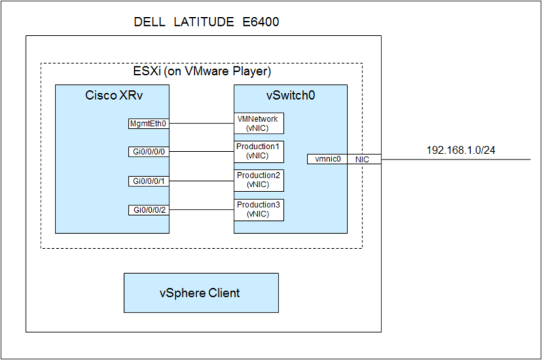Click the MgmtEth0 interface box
tap(148, 123)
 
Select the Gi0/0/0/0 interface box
tap(148, 152)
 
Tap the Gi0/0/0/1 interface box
tap(148, 181)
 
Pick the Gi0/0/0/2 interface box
tap(148, 210)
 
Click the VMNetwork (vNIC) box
tap(258, 123)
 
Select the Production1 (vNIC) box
tap(258, 152)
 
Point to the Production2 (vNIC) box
tap(258, 180)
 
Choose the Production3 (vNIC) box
tap(258, 210)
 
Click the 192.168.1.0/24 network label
tap(461, 151)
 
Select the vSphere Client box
tap(201, 293)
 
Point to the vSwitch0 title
tap(290, 96)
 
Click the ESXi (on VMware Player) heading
tap(201, 72)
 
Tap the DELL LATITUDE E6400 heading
tap(206, 22)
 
